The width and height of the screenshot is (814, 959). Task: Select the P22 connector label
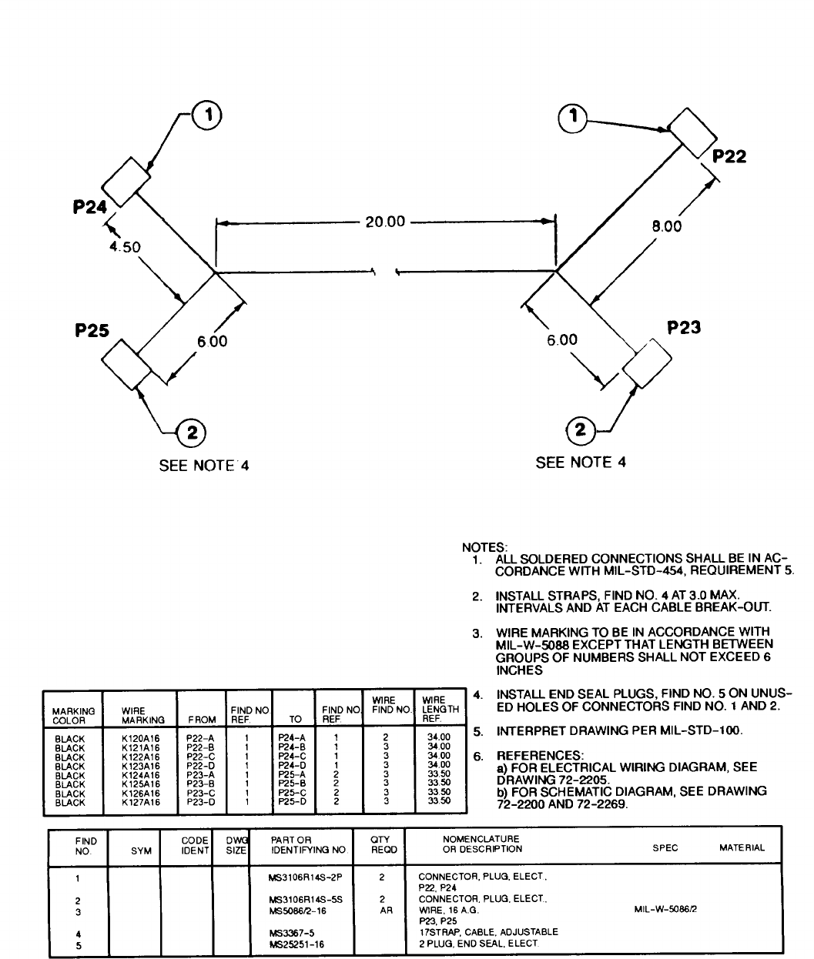tap(729, 157)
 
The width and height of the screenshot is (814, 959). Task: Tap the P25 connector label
tap(92, 330)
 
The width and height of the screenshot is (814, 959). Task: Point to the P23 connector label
tap(684, 327)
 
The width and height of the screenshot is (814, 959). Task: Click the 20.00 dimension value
tap(384, 222)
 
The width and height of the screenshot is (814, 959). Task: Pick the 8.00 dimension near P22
tap(666, 226)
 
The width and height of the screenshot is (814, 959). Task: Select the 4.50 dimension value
tap(124, 247)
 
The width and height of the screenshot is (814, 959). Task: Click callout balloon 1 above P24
tap(206, 115)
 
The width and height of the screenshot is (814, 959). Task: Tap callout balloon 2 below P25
tap(191, 433)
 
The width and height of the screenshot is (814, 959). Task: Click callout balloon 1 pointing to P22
tap(572, 116)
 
